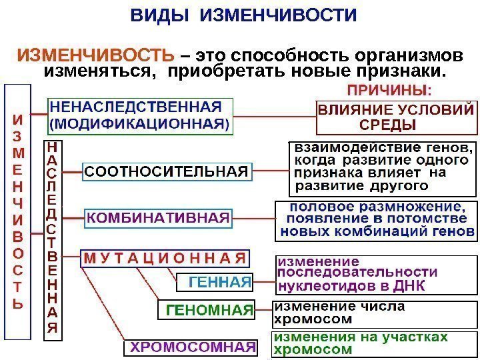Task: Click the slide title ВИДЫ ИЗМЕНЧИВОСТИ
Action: pyautogui.click(x=243, y=15)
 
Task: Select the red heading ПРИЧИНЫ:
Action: pyautogui.click(x=389, y=89)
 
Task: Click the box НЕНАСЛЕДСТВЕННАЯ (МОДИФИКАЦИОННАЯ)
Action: pyautogui.click(x=139, y=115)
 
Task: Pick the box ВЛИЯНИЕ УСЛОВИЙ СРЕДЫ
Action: pyautogui.click(x=397, y=117)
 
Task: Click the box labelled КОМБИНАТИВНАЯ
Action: pyautogui.click(x=159, y=217)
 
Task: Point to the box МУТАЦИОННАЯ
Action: pyautogui.click(x=164, y=258)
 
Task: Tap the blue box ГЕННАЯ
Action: pyautogui.click(x=214, y=283)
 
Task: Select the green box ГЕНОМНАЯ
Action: pyautogui.click(x=207, y=310)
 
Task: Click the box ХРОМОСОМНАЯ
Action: pyautogui.click(x=191, y=347)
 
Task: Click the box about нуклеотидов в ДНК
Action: pyautogui.click(x=357, y=273)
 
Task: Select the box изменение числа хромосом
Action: pyautogui.click(x=340, y=312)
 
